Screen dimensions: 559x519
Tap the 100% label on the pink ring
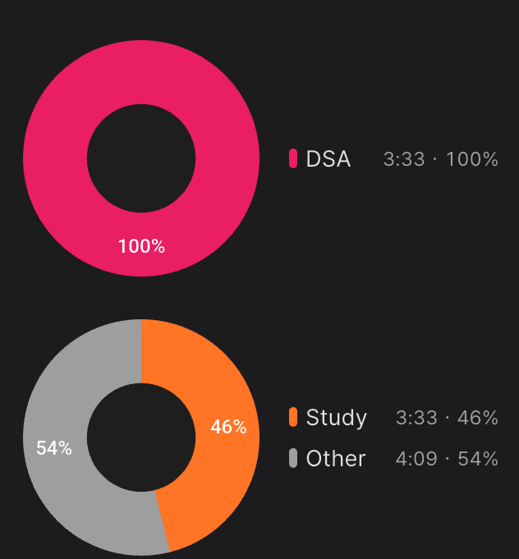(x=141, y=246)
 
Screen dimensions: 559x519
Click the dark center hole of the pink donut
(x=141, y=158)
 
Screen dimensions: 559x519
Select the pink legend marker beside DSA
(x=293, y=158)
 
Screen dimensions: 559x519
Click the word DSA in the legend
(x=328, y=159)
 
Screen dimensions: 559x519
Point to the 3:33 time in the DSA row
(x=404, y=159)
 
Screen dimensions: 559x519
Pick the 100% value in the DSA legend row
(x=472, y=159)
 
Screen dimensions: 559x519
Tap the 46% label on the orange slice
(x=228, y=427)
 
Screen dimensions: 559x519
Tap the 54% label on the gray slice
(x=54, y=448)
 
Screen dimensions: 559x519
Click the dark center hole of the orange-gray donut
(x=141, y=437)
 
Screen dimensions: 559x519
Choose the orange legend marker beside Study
(x=293, y=417)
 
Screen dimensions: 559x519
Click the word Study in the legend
(x=337, y=418)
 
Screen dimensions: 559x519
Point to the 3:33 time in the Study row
(x=416, y=418)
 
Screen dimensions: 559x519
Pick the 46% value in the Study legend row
(x=478, y=418)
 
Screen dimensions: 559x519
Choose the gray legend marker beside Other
(x=293, y=458)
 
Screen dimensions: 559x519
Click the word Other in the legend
(x=336, y=459)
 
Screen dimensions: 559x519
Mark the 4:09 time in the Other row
(x=416, y=459)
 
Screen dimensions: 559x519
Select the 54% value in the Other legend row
(x=478, y=459)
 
